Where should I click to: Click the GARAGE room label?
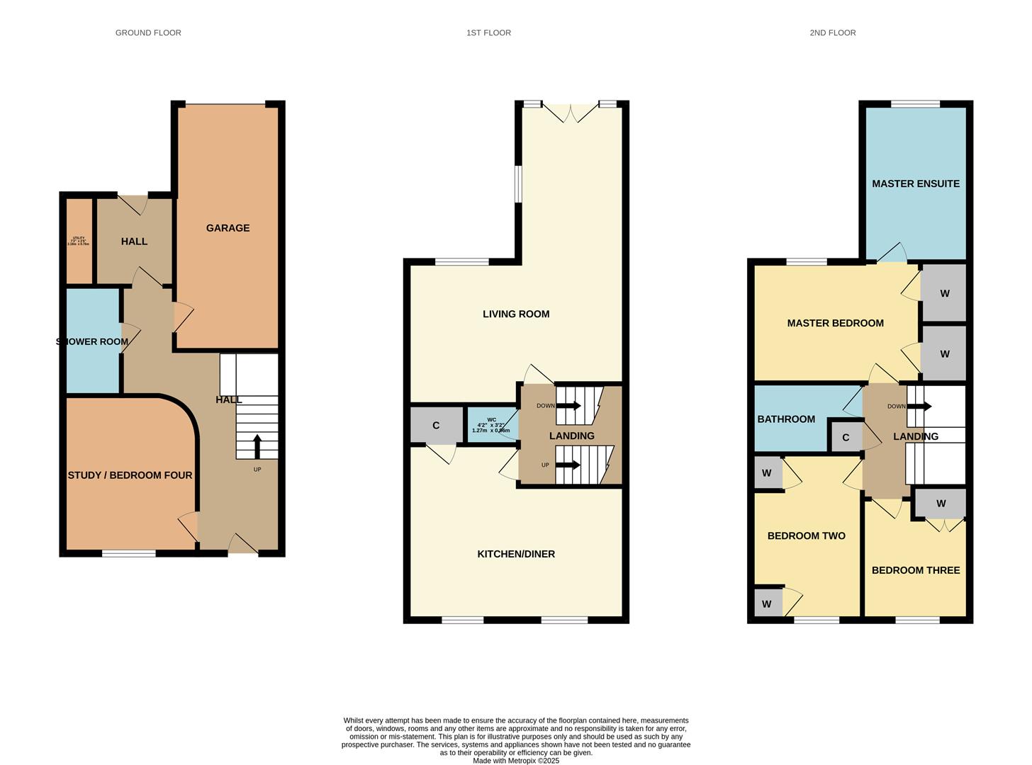(x=228, y=228)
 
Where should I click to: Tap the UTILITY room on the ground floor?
(x=79, y=241)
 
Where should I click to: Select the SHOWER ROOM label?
(x=92, y=341)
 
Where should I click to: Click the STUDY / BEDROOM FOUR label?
(x=130, y=475)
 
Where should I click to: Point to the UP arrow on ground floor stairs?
(x=257, y=447)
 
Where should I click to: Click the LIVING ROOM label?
(x=515, y=314)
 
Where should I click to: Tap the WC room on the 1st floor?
(x=491, y=425)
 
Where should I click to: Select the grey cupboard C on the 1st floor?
(x=436, y=425)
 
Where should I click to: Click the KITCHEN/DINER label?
(x=515, y=554)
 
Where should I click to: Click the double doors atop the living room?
(x=571, y=113)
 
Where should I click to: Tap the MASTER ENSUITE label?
(x=915, y=183)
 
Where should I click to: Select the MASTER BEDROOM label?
(x=835, y=323)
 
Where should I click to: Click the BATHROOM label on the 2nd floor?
(x=786, y=419)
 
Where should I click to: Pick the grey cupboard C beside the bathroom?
(x=846, y=438)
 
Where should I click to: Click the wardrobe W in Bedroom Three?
(x=941, y=504)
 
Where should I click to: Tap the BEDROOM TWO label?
(x=806, y=535)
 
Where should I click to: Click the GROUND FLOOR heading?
(x=148, y=33)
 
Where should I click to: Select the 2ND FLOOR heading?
(x=832, y=33)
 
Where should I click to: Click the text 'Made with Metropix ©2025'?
(x=515, y=761)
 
